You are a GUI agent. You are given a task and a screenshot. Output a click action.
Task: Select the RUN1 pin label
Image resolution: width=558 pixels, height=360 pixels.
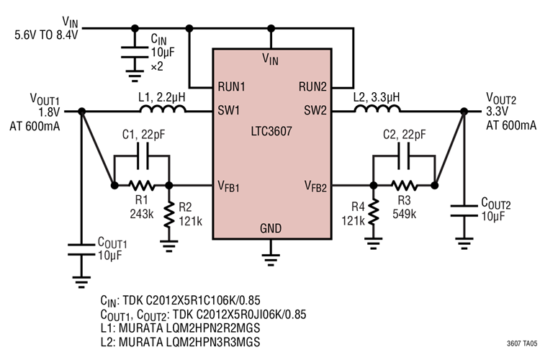(232, 86)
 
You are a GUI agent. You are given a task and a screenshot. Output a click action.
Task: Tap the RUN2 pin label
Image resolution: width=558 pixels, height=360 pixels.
(314, 86)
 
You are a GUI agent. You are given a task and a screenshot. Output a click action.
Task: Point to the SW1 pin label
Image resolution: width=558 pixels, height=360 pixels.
(228, 111)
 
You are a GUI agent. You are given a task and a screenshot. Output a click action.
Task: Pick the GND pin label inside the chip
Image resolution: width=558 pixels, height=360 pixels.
(271, 229)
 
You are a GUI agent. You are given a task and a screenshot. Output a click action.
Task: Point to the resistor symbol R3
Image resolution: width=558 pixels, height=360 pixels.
(403, 185)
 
